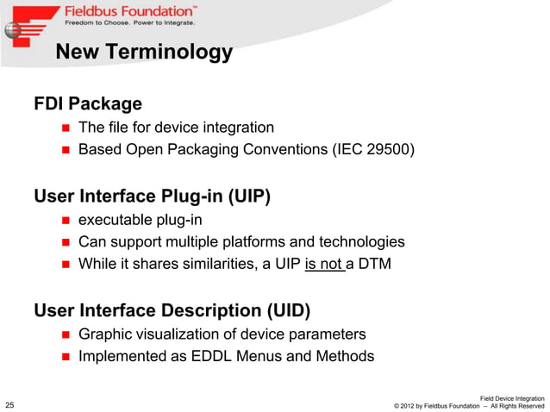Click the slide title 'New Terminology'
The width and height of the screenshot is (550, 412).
(143, 53)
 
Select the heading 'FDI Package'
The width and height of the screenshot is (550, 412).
(88, 104)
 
